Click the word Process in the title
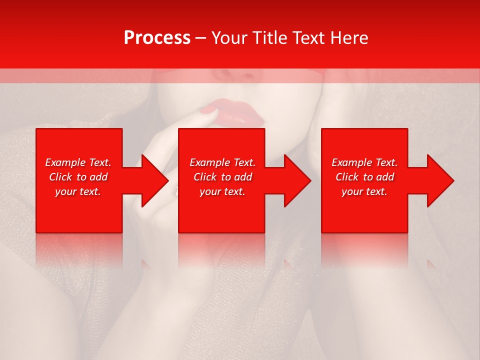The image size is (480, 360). pos(157,38)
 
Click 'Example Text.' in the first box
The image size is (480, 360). pos(78,162)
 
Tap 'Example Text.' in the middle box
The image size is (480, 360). pos(222,162)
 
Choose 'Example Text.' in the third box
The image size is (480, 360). pos(364,162)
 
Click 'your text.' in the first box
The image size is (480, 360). pos(78,191)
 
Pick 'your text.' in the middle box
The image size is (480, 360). pos(222,191)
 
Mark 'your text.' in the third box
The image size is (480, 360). pos(364,191)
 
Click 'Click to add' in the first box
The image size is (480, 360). pos(78,177)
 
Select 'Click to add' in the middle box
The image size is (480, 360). pos(222,177)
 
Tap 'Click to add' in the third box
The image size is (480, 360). pos(364,177)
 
